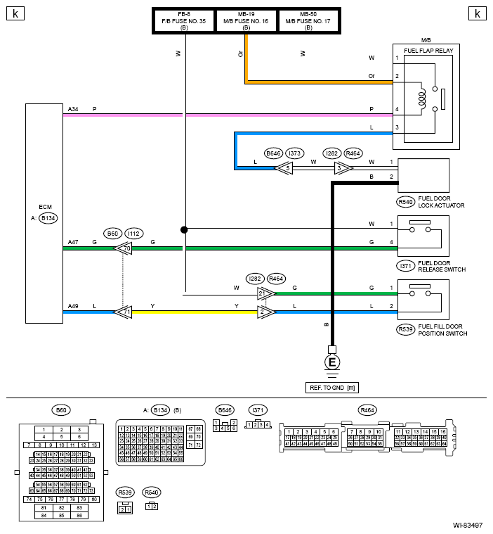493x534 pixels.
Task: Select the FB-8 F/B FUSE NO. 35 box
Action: click(x=184, y=21)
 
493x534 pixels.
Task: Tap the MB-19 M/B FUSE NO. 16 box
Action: click(x=246, y=21)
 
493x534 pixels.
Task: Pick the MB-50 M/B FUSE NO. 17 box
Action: click(x=308, y=21)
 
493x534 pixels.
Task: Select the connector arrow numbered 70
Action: click(x=126, y=248)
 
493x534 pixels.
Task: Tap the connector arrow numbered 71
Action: click(x=125, y=311)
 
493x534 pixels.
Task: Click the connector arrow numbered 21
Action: click(x=265, y=293)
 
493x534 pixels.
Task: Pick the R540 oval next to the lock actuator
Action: click(x=405, y=201)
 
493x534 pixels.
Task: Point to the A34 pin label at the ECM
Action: click(x=73, y=109)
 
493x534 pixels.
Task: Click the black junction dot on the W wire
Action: click(x=184, y=229)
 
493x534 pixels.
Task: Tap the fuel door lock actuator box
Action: click(x=423, y=176)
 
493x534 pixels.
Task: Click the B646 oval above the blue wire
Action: click(x=273, y=153)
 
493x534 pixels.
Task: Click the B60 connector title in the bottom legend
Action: click(x=61, y=409)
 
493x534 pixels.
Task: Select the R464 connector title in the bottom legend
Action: click(x=367, y=409)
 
